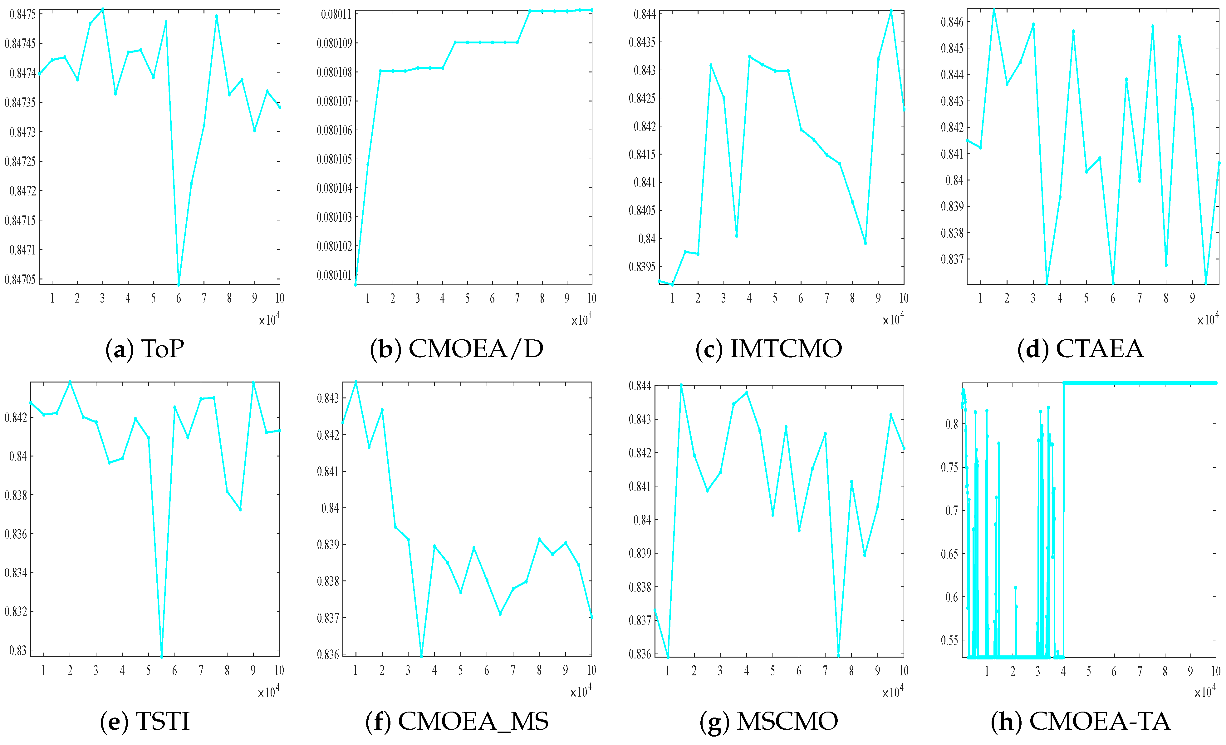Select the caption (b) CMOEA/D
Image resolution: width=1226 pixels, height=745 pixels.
point(457,349)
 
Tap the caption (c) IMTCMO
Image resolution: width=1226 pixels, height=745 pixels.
point(769,349)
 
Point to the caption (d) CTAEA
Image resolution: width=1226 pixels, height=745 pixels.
point(1081,349)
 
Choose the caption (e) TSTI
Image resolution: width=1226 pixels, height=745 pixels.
point(145,721)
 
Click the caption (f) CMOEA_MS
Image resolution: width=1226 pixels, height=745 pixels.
point(457,721)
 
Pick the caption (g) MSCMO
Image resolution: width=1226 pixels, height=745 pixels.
point(769,721)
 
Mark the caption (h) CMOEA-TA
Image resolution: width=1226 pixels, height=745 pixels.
point(1081,721)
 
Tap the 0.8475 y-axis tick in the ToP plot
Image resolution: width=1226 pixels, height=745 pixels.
point(22,14)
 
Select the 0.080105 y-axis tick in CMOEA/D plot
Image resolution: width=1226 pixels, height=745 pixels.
point(334,159)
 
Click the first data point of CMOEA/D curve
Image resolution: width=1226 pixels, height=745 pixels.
point(355,284)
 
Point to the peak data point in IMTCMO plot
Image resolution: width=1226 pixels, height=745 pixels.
point(891,10)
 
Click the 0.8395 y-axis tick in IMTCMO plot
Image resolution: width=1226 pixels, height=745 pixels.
point(642,267)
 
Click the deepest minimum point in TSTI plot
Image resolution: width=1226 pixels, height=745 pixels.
point(161,657)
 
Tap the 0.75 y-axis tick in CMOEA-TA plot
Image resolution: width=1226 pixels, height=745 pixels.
point(952,467)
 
